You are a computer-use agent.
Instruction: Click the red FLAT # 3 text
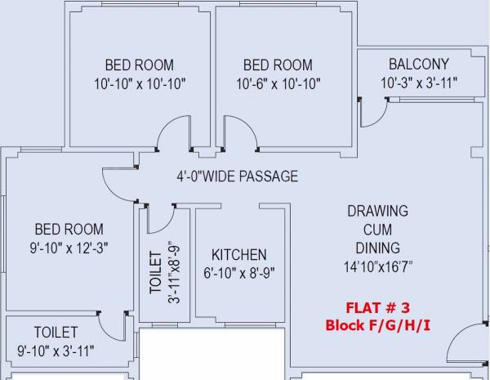377,308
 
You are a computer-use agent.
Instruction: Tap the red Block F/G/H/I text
378,325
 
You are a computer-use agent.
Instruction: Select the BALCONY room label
419,64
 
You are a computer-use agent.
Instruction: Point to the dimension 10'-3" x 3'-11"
419,83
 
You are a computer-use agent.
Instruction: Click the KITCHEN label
239,255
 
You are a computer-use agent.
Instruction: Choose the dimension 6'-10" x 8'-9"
239,273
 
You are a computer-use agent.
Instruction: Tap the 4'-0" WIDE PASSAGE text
237,176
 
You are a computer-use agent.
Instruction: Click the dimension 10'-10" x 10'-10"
140,84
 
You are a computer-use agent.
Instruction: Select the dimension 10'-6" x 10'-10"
278,84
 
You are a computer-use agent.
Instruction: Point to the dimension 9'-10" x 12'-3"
69,248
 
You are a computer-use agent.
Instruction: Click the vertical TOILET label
156,273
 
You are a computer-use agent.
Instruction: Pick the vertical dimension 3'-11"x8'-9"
175,272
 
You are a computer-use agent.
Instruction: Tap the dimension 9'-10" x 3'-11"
56,351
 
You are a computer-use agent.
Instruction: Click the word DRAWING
378,211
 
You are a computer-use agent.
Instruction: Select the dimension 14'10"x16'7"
378,266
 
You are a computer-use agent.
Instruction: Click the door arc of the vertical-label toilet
167,227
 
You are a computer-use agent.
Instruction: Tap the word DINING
378,248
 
